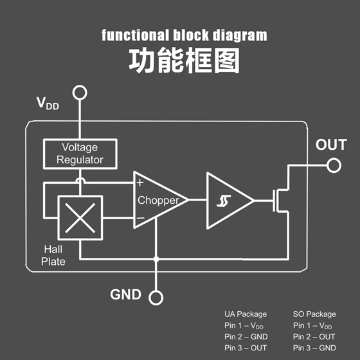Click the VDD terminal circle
(x=80, y=86)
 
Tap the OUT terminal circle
(x=334, y=159)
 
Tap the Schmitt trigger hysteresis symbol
(x=224, y=201)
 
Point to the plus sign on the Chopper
(x=140, y=183)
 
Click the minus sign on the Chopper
(x=140, y=218)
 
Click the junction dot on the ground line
(x=156, y=259)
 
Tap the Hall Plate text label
(x=53, y=256)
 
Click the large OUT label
(x=331, y=145)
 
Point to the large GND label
(x=125, y=294)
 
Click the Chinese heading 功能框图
(x=184, y=60)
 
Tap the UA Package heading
(x=246, y=314)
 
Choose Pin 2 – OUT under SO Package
(x=314, y=337)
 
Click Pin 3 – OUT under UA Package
(x=246, y=348)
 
